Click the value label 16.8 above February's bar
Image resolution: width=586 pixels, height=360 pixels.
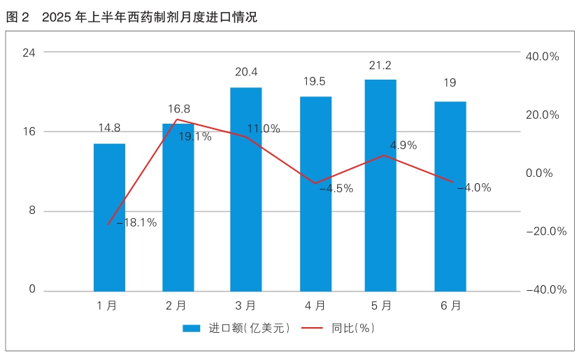pos(179,109)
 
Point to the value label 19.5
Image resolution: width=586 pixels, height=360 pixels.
pos(314,81)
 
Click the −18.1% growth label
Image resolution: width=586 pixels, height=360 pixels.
pos(136,223)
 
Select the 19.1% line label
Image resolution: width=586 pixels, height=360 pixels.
pos(195,136)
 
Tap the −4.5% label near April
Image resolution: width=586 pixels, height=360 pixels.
pos(336,188)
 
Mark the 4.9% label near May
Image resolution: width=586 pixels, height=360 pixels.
pos(403,145)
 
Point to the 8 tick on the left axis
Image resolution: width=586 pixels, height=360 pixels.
pos(32,211)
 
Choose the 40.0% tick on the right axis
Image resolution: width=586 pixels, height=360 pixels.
pos(542,57)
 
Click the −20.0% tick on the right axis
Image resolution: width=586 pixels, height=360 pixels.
pos(545,232)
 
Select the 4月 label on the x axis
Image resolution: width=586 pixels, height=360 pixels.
pos(315,305)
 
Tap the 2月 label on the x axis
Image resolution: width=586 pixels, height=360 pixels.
pos(177,305)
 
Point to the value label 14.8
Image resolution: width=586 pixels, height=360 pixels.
pos(109,128)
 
